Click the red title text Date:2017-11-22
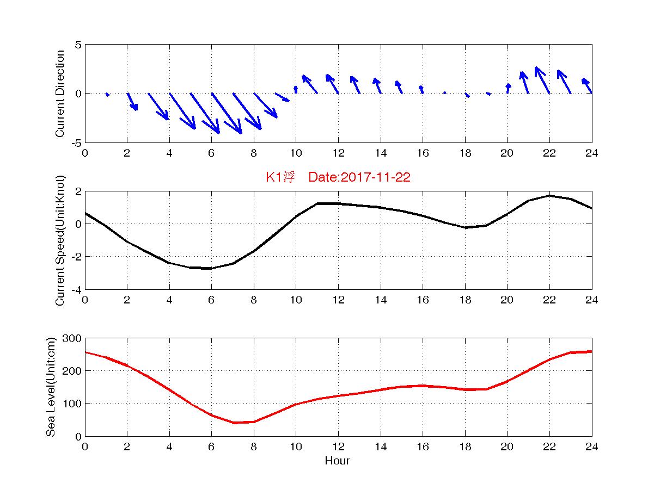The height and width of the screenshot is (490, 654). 359,178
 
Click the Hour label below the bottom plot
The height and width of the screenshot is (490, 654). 337,461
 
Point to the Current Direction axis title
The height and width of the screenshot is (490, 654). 60,94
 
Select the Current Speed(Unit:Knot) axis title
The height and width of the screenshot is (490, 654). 60,240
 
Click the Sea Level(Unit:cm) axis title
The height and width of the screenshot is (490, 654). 51,387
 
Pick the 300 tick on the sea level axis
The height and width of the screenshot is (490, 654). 71,339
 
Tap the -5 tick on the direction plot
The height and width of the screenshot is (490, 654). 76,143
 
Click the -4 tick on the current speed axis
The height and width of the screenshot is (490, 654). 76,290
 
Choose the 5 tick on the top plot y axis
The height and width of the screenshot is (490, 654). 78,45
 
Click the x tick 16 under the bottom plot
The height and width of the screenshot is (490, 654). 423,446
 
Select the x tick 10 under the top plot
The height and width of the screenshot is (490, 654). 296,153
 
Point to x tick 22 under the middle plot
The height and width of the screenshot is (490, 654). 549,300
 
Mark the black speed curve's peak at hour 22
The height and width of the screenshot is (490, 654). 549,195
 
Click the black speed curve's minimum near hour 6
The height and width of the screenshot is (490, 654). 211,268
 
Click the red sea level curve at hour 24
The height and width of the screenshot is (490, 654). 591,352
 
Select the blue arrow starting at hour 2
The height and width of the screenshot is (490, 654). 132,102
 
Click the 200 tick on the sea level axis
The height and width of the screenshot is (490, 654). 71,371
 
